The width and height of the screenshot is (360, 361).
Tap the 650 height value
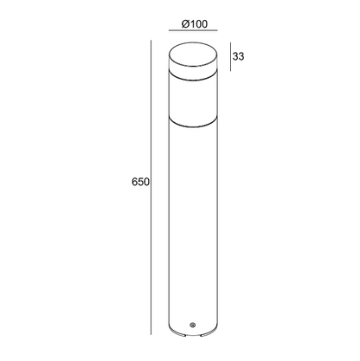coord(142,183)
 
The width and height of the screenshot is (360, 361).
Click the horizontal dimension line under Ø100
coord(188,35)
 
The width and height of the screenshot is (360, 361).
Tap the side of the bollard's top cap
coord(188,69)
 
